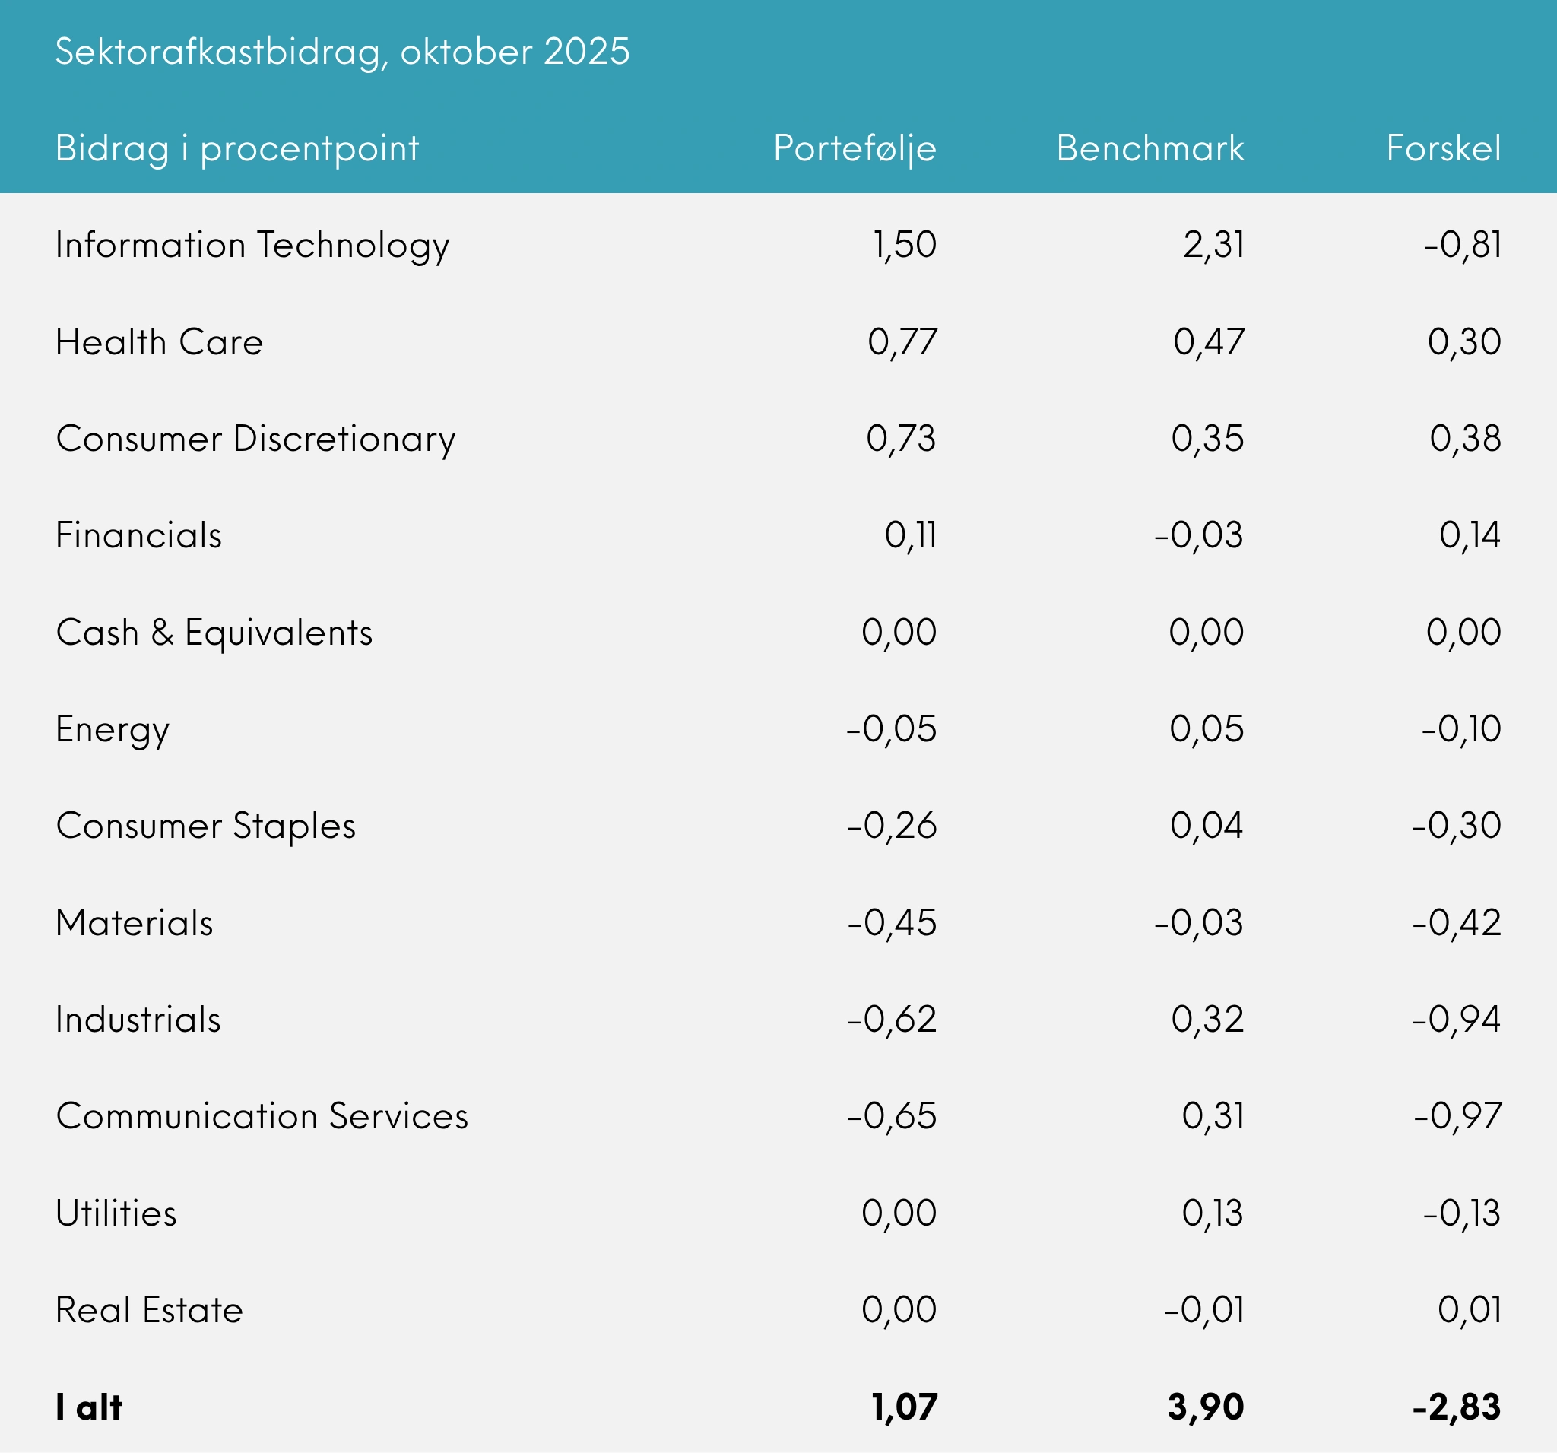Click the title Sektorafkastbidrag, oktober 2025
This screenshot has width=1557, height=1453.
pyautogui.click(x=342, y=52)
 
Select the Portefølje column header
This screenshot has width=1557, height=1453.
pyautogui.click(x=855, y=148)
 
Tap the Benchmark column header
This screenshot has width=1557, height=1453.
pyautogui.click(x=1150, y=148)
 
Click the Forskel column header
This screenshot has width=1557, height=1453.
pyautogui.click(x=1444, y=148)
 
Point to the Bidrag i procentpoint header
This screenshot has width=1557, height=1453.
pyautogui.click(x=237, y=149)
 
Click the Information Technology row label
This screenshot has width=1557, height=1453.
pyautogui.click(x=252, y=245)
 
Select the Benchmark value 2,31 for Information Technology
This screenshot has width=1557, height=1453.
pyautogui.click(x=1213, y=245)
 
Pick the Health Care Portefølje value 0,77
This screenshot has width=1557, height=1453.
pyautogui.click(x=902, y=342)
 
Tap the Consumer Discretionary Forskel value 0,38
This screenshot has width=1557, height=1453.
pyautogui.click(x=1464, y=439)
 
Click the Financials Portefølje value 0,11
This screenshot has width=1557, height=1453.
pyautogui.click(x=910, y=536)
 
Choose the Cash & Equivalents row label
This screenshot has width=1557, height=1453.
pyautogui.click(x=214, y=633)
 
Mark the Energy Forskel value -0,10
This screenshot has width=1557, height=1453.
pyautogui.click(x=1460, y=729)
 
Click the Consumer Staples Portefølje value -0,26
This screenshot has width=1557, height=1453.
pyautogui.click(x=891, y=826)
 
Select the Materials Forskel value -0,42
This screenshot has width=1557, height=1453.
pyautogui.click(x=1456, y=923)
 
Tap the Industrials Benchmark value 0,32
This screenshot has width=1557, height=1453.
pyautogui.click(x=1207, y=1020)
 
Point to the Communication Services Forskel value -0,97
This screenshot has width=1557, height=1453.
pyautogui.click(x=1457, y=1116)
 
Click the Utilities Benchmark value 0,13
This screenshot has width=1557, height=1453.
pyautogui.click(x=1212, y=1213)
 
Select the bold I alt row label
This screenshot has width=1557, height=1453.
pyautogui.click(x=88, y=1407)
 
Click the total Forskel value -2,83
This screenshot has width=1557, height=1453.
pyautogui.click(x=1456, y=1407)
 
